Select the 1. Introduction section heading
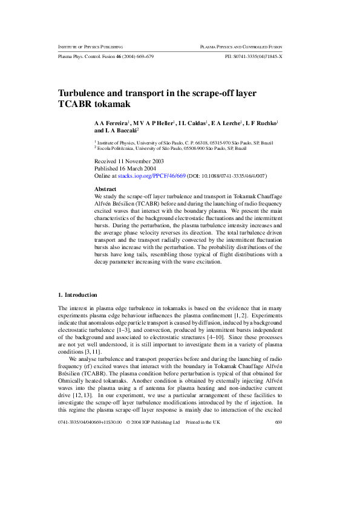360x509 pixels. (77, 295)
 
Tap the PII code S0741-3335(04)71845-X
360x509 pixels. (254, 56)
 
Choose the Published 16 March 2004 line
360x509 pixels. (123, 169)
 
